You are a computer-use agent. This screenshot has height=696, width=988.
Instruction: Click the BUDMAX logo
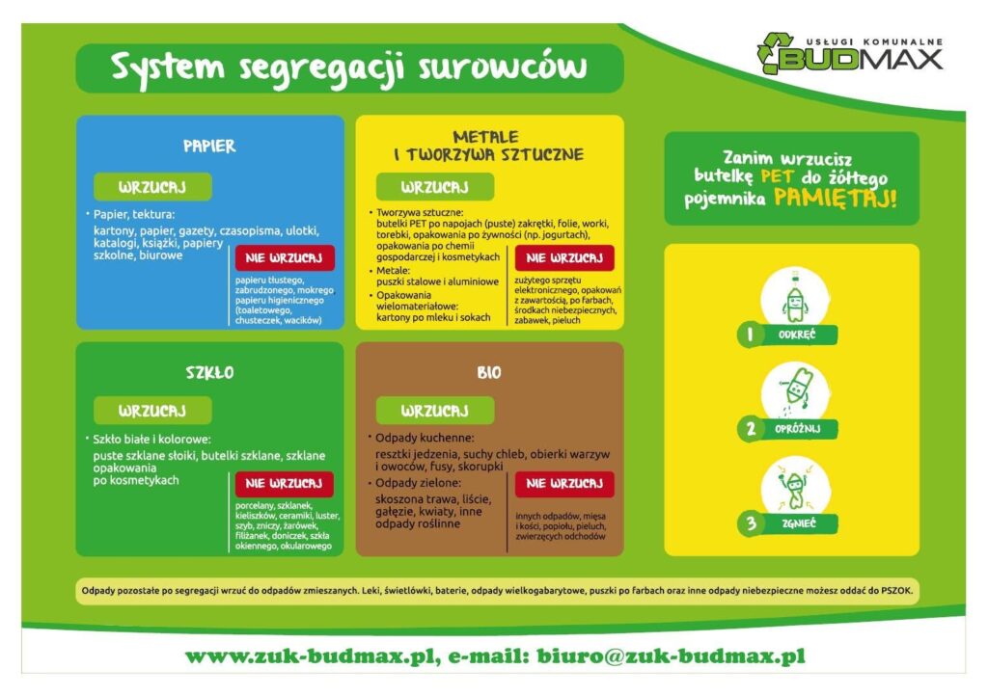(850, 53)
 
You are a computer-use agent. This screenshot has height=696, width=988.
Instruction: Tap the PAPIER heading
(209, 146)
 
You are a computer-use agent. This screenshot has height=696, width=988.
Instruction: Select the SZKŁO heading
(209, 372)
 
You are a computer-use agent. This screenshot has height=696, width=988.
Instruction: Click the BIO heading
(489, 372)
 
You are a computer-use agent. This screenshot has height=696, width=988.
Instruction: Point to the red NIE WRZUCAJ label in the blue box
(285, 258)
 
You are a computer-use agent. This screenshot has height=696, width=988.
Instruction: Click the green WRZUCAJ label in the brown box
(435, 411)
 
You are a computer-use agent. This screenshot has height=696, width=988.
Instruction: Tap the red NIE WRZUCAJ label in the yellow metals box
(564, 258)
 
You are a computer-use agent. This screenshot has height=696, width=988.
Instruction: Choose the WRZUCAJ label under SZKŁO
(152, 411)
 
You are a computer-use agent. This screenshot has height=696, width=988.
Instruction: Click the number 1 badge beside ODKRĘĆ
(750, 335)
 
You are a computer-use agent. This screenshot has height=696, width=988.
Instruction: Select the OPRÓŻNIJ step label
(797, 429)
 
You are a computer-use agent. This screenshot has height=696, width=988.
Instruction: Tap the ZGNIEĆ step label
(798, 523)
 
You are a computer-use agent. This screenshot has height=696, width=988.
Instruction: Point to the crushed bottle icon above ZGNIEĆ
(794, 488)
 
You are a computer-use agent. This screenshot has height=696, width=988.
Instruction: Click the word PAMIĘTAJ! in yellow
(835, 198)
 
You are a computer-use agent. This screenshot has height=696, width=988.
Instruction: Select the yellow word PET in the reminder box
(779, 176)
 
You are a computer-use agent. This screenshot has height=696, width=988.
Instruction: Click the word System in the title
(167, 67)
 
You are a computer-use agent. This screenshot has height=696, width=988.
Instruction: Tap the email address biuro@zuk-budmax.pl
(672, 656)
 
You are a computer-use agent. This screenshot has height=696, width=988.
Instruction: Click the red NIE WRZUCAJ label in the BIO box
(564, 483)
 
